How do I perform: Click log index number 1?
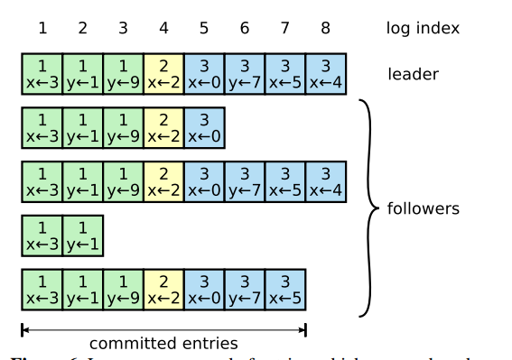point(42,28)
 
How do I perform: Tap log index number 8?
point(325,28)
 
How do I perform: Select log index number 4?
point(163,28)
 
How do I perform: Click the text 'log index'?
point(423,28)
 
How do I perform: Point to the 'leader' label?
point(414,73)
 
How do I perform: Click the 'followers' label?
point(423,208)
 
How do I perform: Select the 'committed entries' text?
point(163,343)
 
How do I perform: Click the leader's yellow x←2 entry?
point(163,74)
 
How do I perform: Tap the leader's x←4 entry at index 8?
point(325,74)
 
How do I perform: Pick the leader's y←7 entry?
point(244,74)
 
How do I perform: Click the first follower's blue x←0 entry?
point(204,128)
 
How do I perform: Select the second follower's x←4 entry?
point(325,182)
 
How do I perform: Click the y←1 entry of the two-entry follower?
point(82,236)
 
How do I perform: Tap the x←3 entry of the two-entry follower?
point(42,236)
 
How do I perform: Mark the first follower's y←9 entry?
point(123,128)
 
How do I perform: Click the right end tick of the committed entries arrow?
point(306,329)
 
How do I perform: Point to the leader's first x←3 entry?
point(42,74)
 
